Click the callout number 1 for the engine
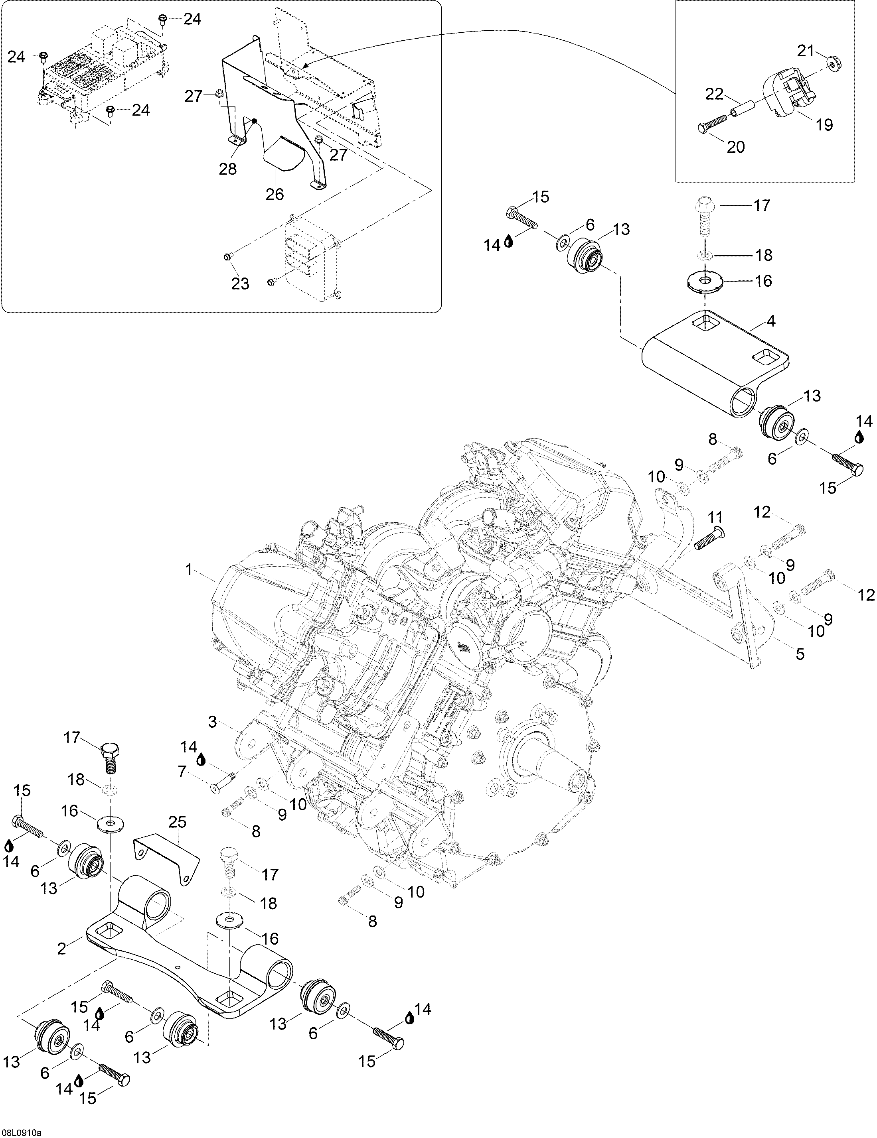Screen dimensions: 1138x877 [189, 570]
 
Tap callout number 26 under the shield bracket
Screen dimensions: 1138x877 [275, 194]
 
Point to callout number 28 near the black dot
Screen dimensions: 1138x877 [228, 169]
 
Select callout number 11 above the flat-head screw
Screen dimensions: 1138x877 [715, 518]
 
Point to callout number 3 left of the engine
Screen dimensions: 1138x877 [212, 722]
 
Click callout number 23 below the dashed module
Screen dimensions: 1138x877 [240, 285]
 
